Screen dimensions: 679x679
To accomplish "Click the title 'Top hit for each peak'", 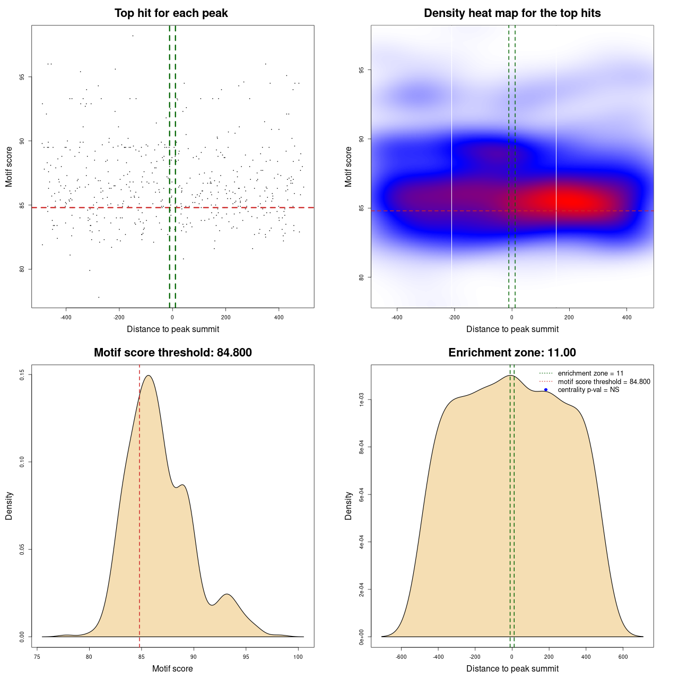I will (x=171, y=13).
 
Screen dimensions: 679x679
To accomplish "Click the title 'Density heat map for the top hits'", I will (x=512, y=13).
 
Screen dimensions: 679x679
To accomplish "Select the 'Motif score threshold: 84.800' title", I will (x=172, y=353).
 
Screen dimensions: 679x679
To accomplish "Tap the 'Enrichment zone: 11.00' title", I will (x=512, y=353).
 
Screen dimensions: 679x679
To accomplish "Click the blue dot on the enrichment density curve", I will (x=546, y=390).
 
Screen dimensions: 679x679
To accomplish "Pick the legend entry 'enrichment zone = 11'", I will (x=590, y=373).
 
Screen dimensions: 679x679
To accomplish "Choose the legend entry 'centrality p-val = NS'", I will (x=588, y=390).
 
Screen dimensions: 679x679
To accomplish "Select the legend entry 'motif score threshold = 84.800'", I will (x=604, y=381).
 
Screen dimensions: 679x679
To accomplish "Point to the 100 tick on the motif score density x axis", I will (x=298, y=657).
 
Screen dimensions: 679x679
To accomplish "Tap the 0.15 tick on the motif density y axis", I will (x=22, y=375).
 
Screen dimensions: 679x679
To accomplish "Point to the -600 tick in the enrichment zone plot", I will (x=401, y=657).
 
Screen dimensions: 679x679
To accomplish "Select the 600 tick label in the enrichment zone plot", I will (x=623, y=657).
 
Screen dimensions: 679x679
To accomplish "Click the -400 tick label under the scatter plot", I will (x=66, y=317).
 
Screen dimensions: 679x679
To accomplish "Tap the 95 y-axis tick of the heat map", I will (x=361, y=70).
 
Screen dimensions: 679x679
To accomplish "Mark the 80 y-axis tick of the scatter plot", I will (x=22, y=269).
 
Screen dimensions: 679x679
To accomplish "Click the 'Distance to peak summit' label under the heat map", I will (x=512, y=329).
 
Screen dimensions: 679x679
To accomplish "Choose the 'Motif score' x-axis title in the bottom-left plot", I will (x=172, y=668).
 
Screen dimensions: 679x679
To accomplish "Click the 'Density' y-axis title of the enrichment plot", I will (x=349, y=506).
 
